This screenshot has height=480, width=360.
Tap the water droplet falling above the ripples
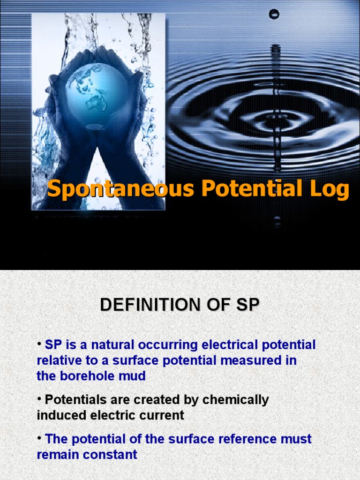[274, 14]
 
